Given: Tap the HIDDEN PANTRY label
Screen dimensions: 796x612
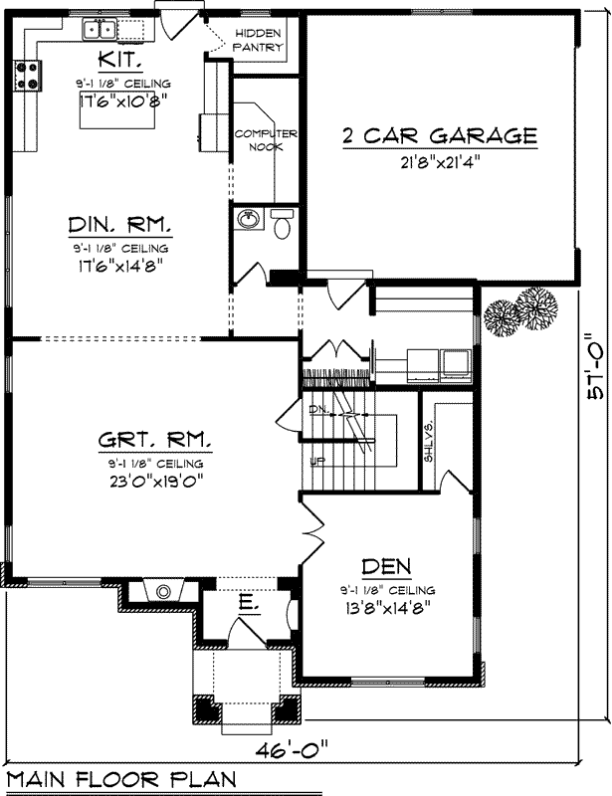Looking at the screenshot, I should point(259,40).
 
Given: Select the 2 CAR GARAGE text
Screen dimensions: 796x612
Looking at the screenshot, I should point(440,134).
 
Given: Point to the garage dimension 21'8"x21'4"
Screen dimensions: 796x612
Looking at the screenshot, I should point(440,163).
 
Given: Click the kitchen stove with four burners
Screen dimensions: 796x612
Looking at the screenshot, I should point(26,74).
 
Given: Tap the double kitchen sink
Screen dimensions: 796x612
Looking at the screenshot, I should point(98,29).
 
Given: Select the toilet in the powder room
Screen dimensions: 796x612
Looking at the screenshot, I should point(282,226).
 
